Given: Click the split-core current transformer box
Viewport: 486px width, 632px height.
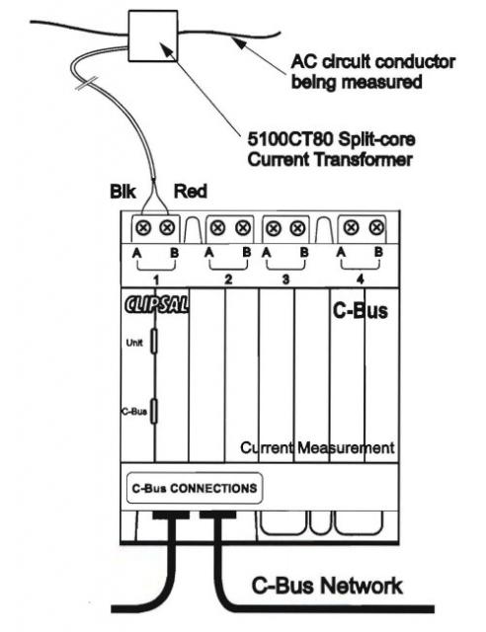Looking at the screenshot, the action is [153, 36].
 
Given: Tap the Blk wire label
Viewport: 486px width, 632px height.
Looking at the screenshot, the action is [122, 192].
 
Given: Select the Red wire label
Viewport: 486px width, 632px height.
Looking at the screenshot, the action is [190, 191].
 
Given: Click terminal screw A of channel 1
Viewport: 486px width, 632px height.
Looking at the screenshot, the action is [143, 228].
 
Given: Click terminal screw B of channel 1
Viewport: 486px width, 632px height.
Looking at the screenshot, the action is [167, 228].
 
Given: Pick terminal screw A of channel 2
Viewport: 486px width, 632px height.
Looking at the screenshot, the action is [217, 228].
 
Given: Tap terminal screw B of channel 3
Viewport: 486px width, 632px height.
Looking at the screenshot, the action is [297, 228].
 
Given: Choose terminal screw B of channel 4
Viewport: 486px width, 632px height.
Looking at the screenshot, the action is [376, 228].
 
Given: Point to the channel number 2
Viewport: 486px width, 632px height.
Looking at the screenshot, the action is [228, 279].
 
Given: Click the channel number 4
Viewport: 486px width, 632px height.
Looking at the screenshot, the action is [361, 278].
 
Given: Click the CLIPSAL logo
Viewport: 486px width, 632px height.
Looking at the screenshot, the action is [156, 305].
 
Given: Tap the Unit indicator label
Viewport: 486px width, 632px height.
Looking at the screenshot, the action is [134, 343].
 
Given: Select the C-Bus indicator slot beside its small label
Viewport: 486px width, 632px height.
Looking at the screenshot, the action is [154, 411].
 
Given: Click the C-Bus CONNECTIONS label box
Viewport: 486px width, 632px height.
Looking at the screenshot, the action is [195, 489].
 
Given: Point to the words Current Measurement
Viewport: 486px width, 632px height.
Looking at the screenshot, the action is [317, 447].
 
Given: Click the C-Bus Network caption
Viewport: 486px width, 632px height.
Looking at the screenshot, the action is [327, 586].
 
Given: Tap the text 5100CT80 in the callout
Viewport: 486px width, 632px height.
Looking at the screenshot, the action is [290, 139].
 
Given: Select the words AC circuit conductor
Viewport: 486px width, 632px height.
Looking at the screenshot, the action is [373, 62].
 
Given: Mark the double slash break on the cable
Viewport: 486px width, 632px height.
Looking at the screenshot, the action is [87, 83].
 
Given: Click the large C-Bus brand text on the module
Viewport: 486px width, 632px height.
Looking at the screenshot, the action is [361, 311].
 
